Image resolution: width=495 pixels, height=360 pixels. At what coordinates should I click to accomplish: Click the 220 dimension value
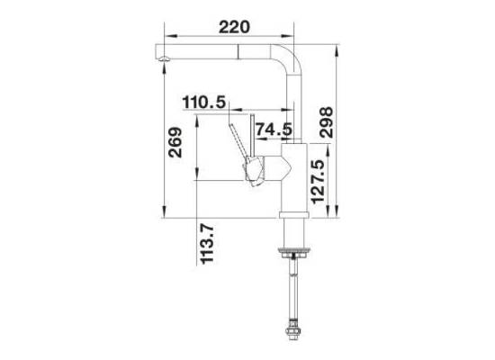tap(234, 27)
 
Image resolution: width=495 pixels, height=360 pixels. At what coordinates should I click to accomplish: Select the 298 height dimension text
tap(327, 122)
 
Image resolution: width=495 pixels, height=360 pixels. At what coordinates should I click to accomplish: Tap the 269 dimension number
tap(175, 142)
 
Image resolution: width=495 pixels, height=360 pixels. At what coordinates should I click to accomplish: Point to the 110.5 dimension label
tap(204, 103)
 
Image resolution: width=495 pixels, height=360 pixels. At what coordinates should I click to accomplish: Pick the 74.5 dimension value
tap(274, 130)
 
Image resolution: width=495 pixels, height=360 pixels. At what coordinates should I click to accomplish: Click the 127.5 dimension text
tap(318, 182)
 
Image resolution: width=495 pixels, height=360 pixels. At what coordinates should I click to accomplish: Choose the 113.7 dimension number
tap(207, 244)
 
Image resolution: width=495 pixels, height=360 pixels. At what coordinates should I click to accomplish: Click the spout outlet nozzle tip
tap(164, 58)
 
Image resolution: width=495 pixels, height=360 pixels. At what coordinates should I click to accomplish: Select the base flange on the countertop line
tap(294, 215)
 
